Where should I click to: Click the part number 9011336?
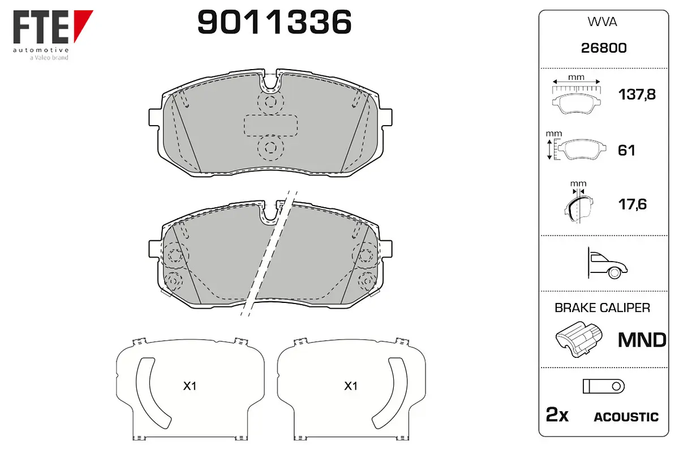(x=274, y=22)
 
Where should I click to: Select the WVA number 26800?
(x=604, y=48)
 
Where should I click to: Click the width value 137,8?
(x=637, y=95)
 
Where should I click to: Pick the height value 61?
(x=626, y=151)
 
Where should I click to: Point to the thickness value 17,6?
(x=633, y=204)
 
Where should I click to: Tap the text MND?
(x=642, y=340)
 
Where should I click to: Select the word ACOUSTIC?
(x=626, y=417)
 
